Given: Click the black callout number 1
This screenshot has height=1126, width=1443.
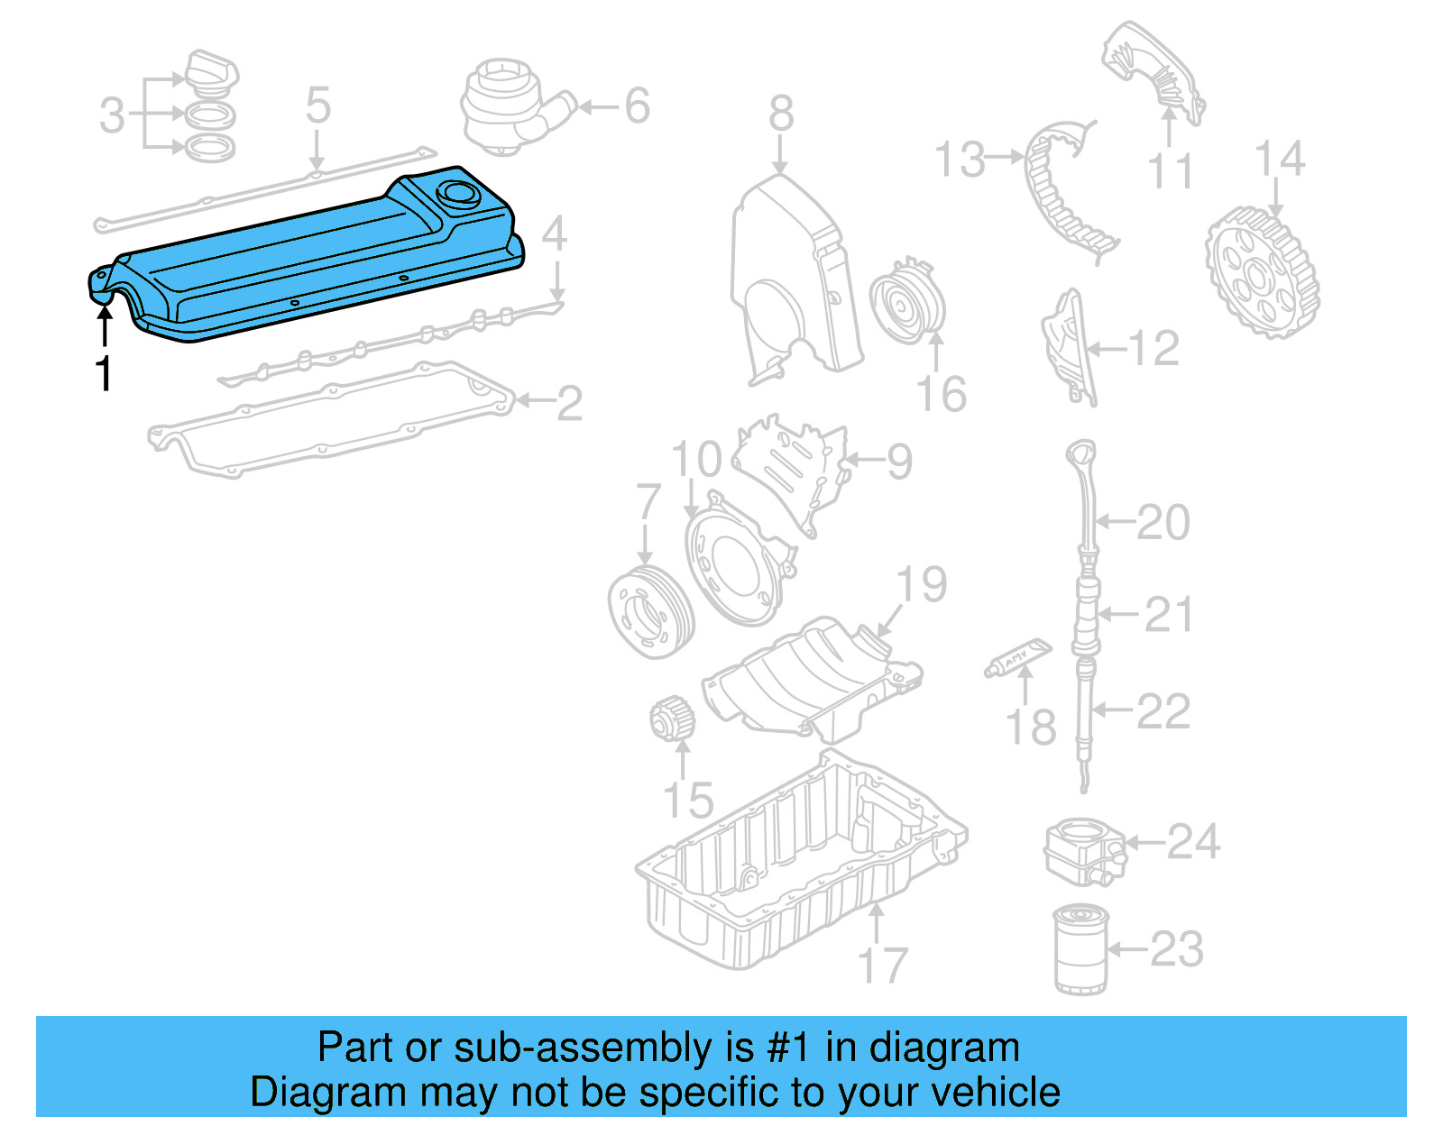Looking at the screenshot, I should (x=105, y=372).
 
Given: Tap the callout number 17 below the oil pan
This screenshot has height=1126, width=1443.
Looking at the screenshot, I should (x=881, y=966).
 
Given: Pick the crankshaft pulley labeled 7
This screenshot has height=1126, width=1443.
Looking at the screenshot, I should (x=649, y=612).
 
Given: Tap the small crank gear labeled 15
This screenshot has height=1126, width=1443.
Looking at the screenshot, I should (x=673, y=719).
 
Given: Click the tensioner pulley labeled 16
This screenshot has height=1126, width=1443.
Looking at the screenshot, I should (x=906, y=302).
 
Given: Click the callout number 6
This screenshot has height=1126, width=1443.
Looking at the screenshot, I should (x=637, y=106).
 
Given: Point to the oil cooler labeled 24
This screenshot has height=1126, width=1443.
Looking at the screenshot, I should (x=1084, y=850).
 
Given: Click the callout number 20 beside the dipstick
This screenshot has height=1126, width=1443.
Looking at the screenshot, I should (x=1163, y=522).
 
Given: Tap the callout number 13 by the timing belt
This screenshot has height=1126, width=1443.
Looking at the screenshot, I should (x=960, y=160).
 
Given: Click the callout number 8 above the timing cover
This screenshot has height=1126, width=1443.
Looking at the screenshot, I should (x=781, y=113).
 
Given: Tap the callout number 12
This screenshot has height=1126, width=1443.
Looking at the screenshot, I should (x=1153, y=348).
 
